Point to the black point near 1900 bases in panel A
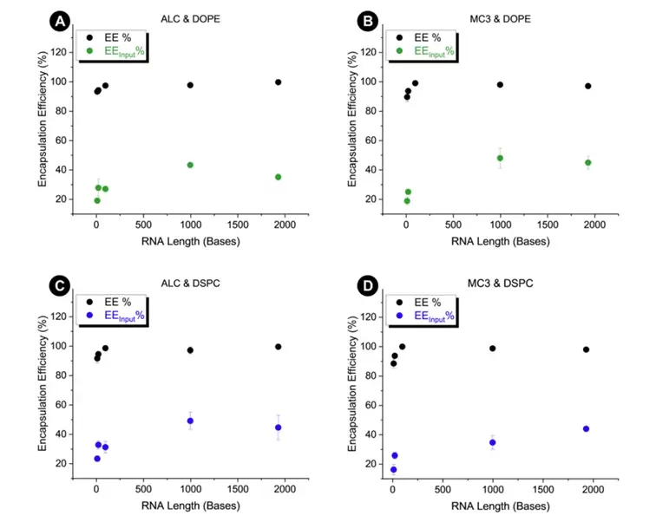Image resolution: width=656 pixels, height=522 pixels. (278, 82)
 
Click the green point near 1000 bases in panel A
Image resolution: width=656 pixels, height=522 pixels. (190, 165)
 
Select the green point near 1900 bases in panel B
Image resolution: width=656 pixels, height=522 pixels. (587, 162)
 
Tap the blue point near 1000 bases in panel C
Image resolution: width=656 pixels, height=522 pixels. (190, 421)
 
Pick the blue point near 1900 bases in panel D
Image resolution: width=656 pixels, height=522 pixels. (587, 428)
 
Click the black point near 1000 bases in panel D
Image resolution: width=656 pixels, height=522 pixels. (492, 349)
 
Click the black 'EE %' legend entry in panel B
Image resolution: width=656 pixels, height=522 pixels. (423, 37)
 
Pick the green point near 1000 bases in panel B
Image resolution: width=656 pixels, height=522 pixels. (500, 158)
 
